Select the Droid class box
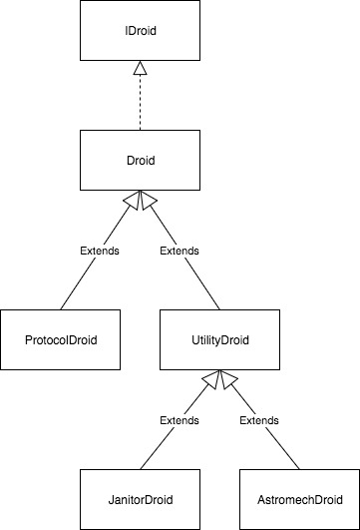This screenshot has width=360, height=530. click(x=140, y=160)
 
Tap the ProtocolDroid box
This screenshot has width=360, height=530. click(x=60, y=339)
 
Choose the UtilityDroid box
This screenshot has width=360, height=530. click(x=219, y=339)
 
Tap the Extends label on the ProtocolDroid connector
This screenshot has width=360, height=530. click(x=99, y=251)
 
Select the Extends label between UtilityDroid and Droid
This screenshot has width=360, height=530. click(x=180, y=251)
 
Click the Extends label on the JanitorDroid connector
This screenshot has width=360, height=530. click(x=179, y=420)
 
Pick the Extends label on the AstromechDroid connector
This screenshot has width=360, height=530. click(x=259, y=420)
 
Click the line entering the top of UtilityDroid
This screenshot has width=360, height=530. click(x=210, y=295)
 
